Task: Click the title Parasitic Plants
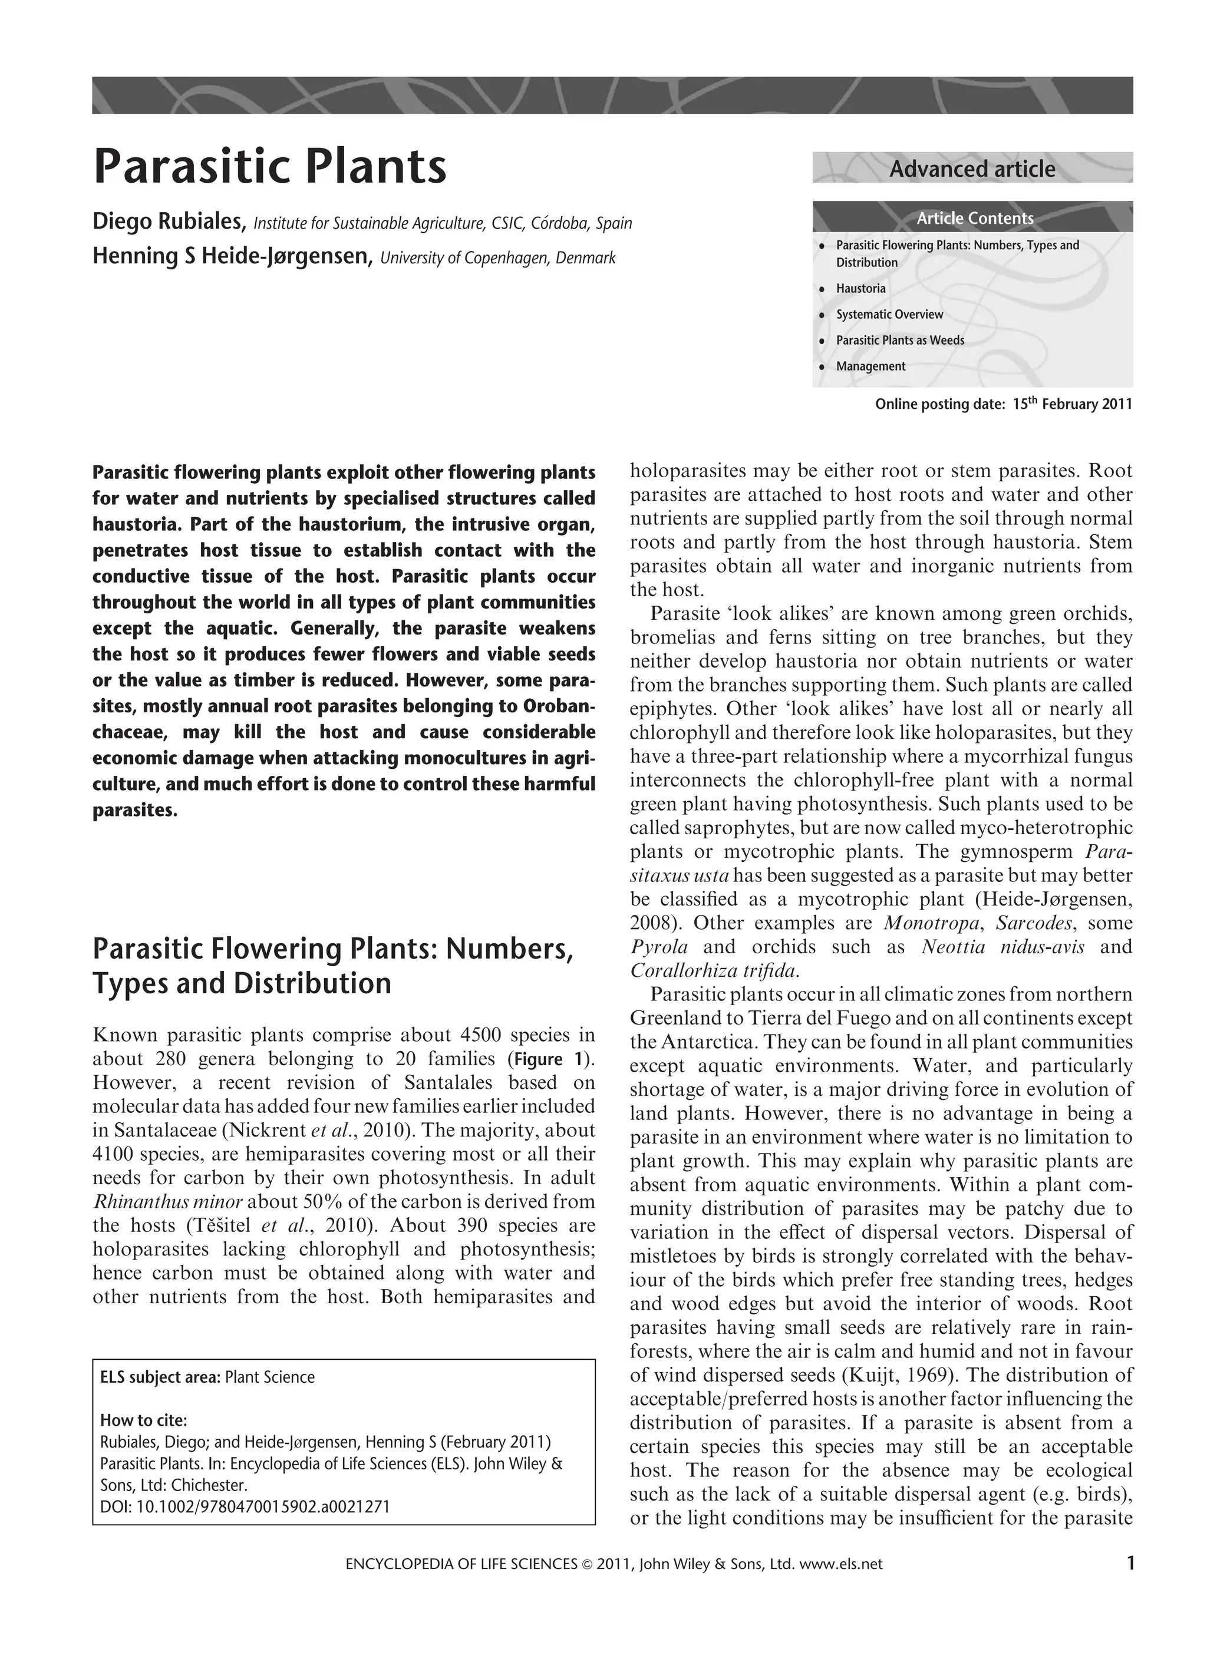270,166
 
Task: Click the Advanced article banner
972,168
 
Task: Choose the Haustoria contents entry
860,288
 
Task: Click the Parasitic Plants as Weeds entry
900,340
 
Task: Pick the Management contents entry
870,366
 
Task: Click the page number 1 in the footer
1129,1564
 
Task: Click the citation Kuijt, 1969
893,1374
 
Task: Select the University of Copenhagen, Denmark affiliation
497,257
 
